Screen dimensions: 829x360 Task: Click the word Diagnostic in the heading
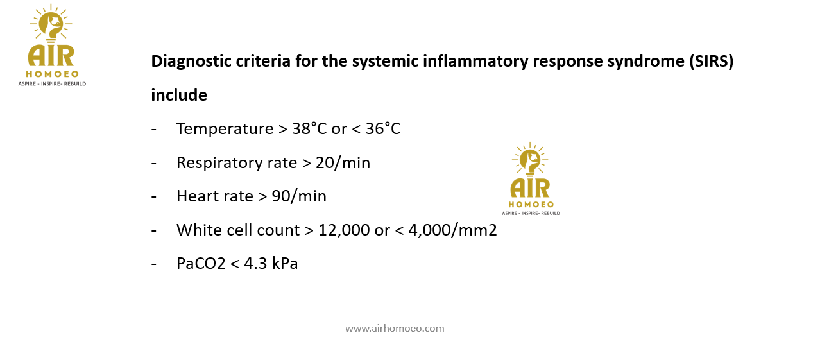coord(191,62)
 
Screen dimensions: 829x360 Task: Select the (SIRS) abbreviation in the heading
coord(711,62)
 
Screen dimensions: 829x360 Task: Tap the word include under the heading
coord(179,95)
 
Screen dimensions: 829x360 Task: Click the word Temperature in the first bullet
coord(225,129)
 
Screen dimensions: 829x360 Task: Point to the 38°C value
coord(309,129)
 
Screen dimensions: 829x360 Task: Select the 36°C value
coord(382,129)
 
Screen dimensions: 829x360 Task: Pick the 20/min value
coord(343,163)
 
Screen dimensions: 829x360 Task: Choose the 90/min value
coord(299,196)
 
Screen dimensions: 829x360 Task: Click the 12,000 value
coord(344,230)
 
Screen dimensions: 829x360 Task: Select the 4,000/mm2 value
coord(452,230)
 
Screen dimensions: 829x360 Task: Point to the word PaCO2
coord(201,264)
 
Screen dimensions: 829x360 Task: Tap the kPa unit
coord(285,264)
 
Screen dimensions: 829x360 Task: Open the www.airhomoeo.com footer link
coord(395,329)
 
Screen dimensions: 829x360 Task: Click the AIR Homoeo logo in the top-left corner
coord(52,45)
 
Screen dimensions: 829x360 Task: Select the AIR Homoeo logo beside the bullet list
coord(531,178)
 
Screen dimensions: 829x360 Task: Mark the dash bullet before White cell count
coord(154,231)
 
